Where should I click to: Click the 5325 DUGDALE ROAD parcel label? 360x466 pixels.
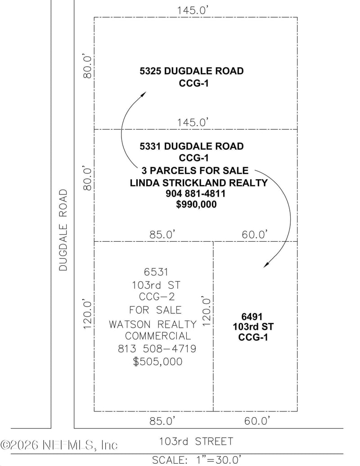pyautogui.click(x=192, y=71)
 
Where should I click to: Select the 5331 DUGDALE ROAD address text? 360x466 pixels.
pyautogui.click(x=192, y=146)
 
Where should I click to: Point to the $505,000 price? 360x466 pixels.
pyautogui.click(x=157, y=361)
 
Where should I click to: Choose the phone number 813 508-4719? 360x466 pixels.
pyautogui.click(x=157, y=348)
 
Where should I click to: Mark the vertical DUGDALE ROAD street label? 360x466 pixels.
pyautogui.click(x=63, y=230)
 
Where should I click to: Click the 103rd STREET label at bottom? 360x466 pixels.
pyautogui.click(x=196, y=441)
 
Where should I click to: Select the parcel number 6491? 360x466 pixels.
pyautogui.click(x=252, y=317)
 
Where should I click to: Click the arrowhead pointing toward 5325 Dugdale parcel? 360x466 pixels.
pyautogui.click(x=144, y=94)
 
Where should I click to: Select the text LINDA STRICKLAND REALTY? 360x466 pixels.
pyautogui.click(x=198, y=182)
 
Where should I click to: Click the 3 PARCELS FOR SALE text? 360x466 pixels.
pyautogui.click(x=195, y=170)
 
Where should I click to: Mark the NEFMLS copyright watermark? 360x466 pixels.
pyautogui.click(x=59, y=445)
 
